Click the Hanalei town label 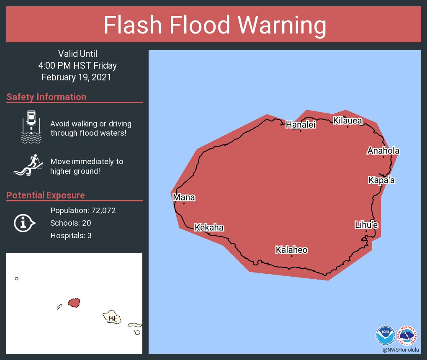[x=300, y=125]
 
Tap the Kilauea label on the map [x=347, y=121]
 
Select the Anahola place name [x=383, y=151]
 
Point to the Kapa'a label [x=381, y=181]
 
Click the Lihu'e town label [x=366, y=225]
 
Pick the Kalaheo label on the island [x=291, y=250]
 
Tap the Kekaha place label [x=209, y=228]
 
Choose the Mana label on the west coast [x=184, y=198]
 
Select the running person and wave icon [x=28, y=166]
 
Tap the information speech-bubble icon [x=24, y=222]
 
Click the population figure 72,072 [x=101, y=211]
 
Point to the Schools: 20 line [x=70, y=223]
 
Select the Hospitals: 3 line [x=71, y=236]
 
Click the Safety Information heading [x=46, y=97]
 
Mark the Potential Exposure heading [x=46, y=195]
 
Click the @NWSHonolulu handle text [x=401, y=350]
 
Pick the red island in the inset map [x=74, y=302]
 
